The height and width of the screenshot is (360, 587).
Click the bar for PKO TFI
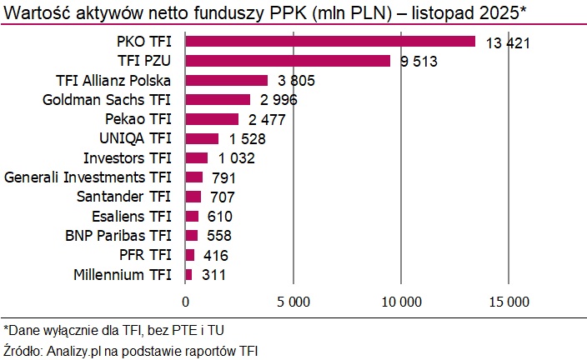pyautogui.click(x=329, y=42)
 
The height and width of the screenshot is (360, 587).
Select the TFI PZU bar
pyautogui.click(x=287, y=61)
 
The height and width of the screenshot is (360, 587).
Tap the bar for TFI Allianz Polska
pyautogui.click(x=226, y=80)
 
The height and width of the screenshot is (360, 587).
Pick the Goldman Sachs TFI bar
pyautogui.click(x=217, y=100)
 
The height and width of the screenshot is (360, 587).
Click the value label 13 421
pyautogui.click(x=508, y=43)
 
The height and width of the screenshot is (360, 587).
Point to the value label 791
pyautogui.click(x=223, y=177)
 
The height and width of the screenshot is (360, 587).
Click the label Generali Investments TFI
pyautogui.click(x=88, y=177)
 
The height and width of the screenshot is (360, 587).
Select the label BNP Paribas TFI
pyautogui.click(x=118, y=235)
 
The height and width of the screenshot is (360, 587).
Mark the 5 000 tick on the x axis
pyautogui.click(x=293, y=300)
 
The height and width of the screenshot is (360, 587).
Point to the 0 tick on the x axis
pyautogui.click(x=185, y=300)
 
